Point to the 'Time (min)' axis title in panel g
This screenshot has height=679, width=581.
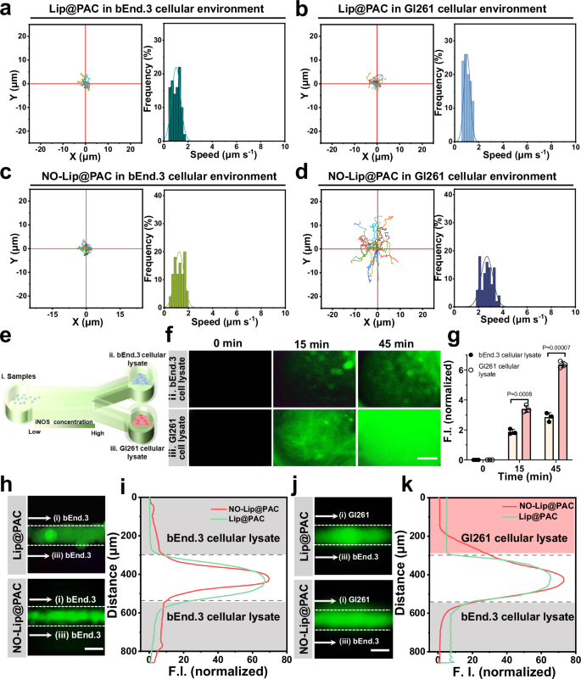509,477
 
